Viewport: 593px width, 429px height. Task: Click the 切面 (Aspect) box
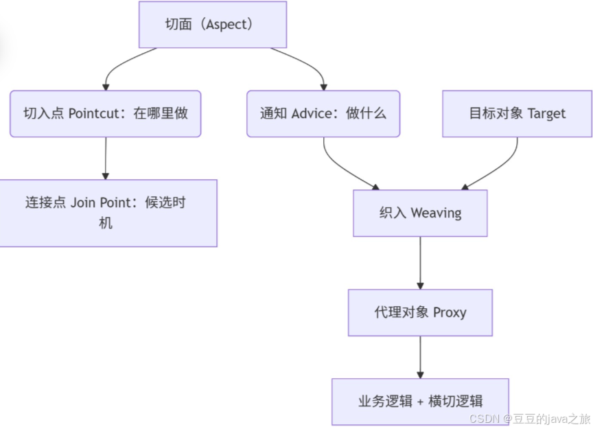212,25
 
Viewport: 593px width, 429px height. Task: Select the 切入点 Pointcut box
105,113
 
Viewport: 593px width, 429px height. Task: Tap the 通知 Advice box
323,113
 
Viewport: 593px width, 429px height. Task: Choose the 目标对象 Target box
517,113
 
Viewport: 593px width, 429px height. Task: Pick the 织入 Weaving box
420,213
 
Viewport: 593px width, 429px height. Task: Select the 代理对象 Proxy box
420,312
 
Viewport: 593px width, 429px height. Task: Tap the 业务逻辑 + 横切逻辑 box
420,402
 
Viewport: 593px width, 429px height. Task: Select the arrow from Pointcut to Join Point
105,158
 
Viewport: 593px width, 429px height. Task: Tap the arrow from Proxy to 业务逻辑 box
420,357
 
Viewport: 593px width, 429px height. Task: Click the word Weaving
436,213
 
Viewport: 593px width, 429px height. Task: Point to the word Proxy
450,312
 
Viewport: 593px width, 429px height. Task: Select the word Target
546,113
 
